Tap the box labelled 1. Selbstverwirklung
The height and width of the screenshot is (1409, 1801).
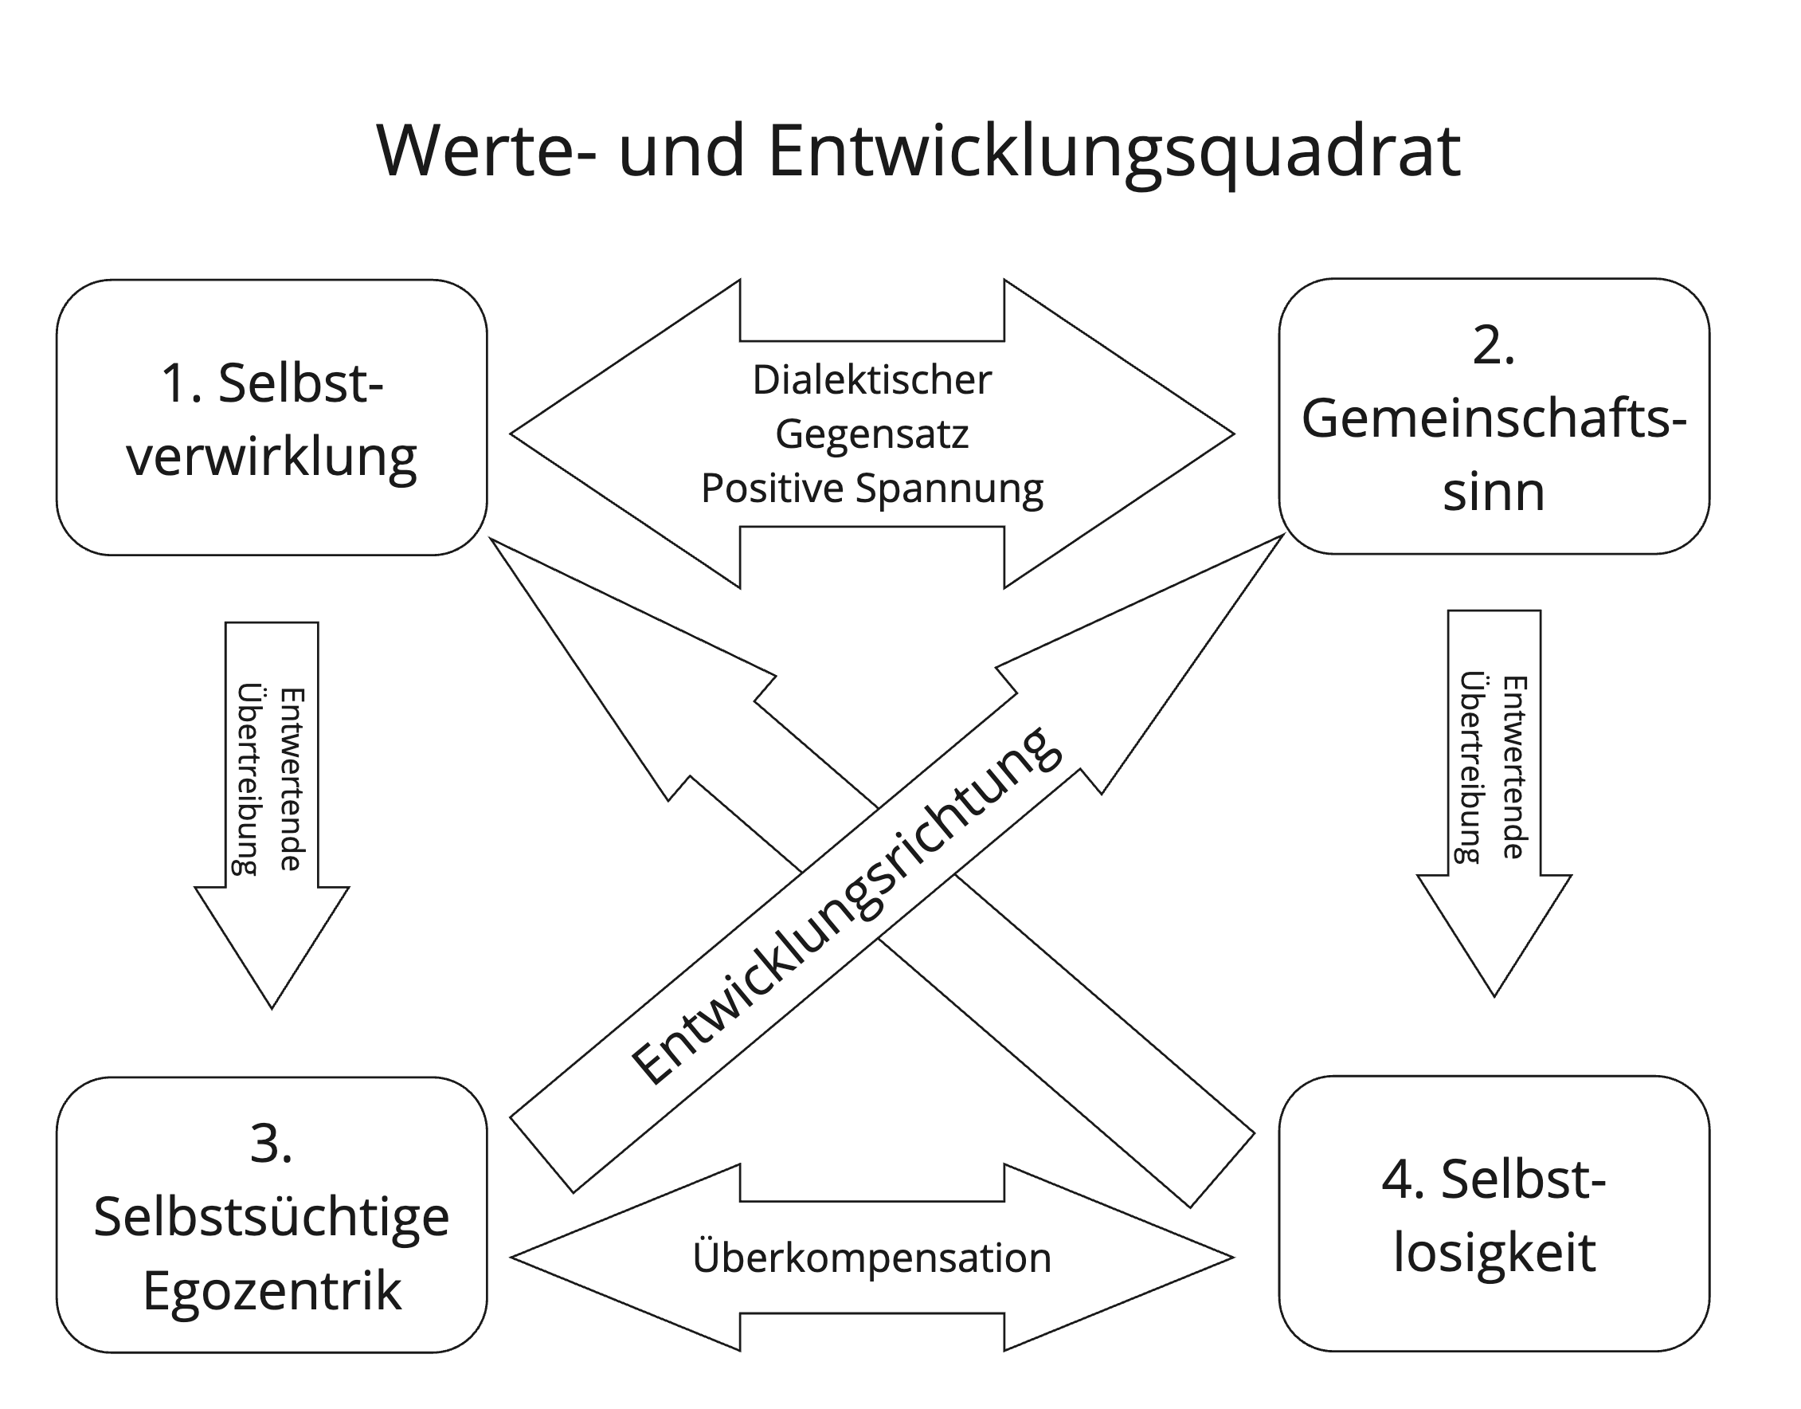[272, 418]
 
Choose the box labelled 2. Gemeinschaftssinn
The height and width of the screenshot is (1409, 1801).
[1494, 417]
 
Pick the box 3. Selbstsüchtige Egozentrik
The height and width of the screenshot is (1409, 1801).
[272, 1215]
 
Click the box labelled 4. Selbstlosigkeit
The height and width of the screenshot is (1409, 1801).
[1494, 1214]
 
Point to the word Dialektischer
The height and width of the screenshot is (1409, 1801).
[871, 380]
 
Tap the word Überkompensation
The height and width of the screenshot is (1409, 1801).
[871, 1258]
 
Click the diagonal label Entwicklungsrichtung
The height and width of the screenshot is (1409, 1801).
[845, 906]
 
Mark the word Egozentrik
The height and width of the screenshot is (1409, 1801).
[272, 1292]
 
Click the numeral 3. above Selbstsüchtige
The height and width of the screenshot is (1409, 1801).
[272, 1144]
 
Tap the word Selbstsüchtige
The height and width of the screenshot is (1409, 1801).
[272, 1218]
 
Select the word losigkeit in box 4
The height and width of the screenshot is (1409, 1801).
[1494, 1254]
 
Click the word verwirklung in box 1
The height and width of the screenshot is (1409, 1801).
[272, 457]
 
